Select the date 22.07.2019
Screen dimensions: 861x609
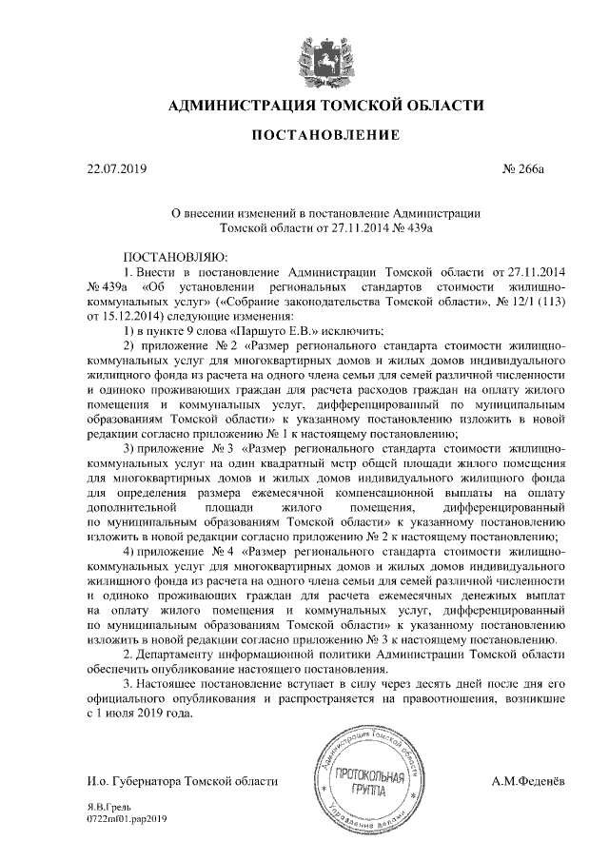click(x=111, y=169)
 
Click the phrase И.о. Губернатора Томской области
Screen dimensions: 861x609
click(x=180, y=781)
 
